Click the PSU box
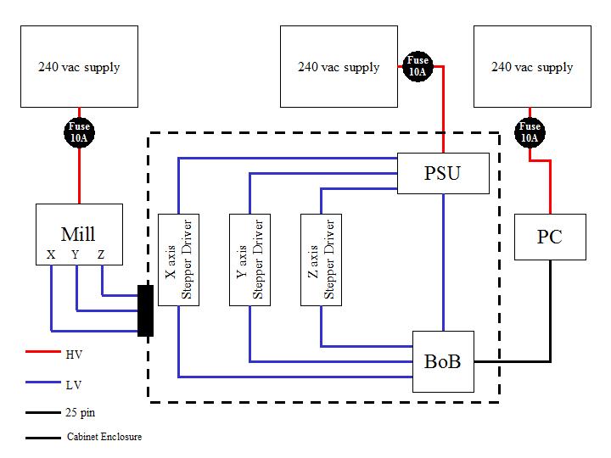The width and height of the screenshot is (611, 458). point(444,174)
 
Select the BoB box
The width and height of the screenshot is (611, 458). point(442,361)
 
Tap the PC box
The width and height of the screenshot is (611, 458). point(550,237)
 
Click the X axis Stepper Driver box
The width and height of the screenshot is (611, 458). point(178,259)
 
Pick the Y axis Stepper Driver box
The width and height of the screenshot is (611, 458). point(249,259)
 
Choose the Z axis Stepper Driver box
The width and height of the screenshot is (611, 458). point(321,259)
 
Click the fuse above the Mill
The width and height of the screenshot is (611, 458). point(79,131)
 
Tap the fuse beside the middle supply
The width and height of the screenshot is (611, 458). point(418,66)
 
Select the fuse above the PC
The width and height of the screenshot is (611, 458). point(530,131)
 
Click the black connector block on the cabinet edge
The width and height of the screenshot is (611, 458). point(145,310)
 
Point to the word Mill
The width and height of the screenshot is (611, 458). point(77,234)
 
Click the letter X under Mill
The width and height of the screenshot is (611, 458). point(51,254)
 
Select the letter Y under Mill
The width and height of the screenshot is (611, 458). point(76,254)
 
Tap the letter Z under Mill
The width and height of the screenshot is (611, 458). point(102,254)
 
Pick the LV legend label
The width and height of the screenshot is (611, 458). point(75,384)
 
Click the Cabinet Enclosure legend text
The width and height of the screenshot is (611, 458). point(104,438)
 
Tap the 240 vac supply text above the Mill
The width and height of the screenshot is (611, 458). point(79,67)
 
